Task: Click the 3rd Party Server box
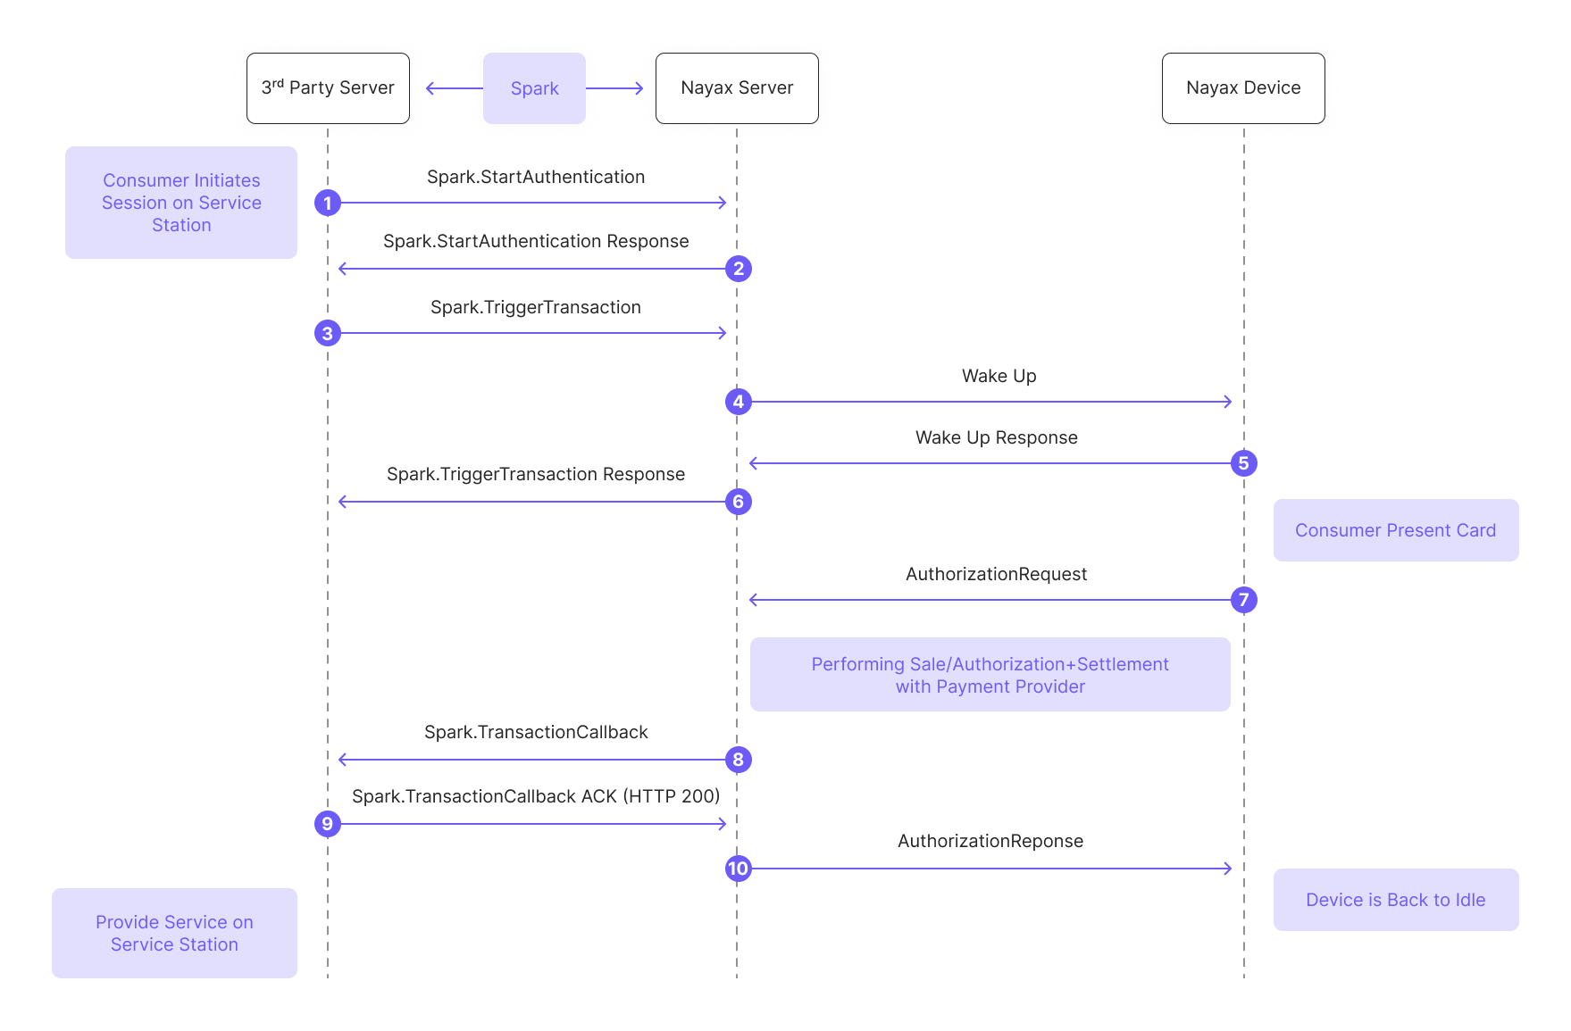coord(328,88)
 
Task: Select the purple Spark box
coord(534,88)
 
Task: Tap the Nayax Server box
coord(737,88)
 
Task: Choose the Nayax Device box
coord(1242,88)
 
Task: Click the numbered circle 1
coord(328,204)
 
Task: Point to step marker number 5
coord(1243,463)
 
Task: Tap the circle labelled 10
coord(738,869)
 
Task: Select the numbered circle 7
coord(1243,600)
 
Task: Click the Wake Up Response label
coord(996,438)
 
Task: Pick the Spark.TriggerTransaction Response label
coord(536,475)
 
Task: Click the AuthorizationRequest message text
coord(996,575)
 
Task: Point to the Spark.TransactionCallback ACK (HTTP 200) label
coord(536,797)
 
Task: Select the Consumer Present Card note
coord(1395,530)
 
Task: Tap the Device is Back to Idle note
coord(1395,900)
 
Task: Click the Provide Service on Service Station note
coord(174,933)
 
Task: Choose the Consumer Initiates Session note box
coord(181,203)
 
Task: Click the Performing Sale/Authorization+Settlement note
coord(990,675)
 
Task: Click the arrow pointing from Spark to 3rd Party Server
coord(455,88)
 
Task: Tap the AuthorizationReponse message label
coord(990,842)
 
